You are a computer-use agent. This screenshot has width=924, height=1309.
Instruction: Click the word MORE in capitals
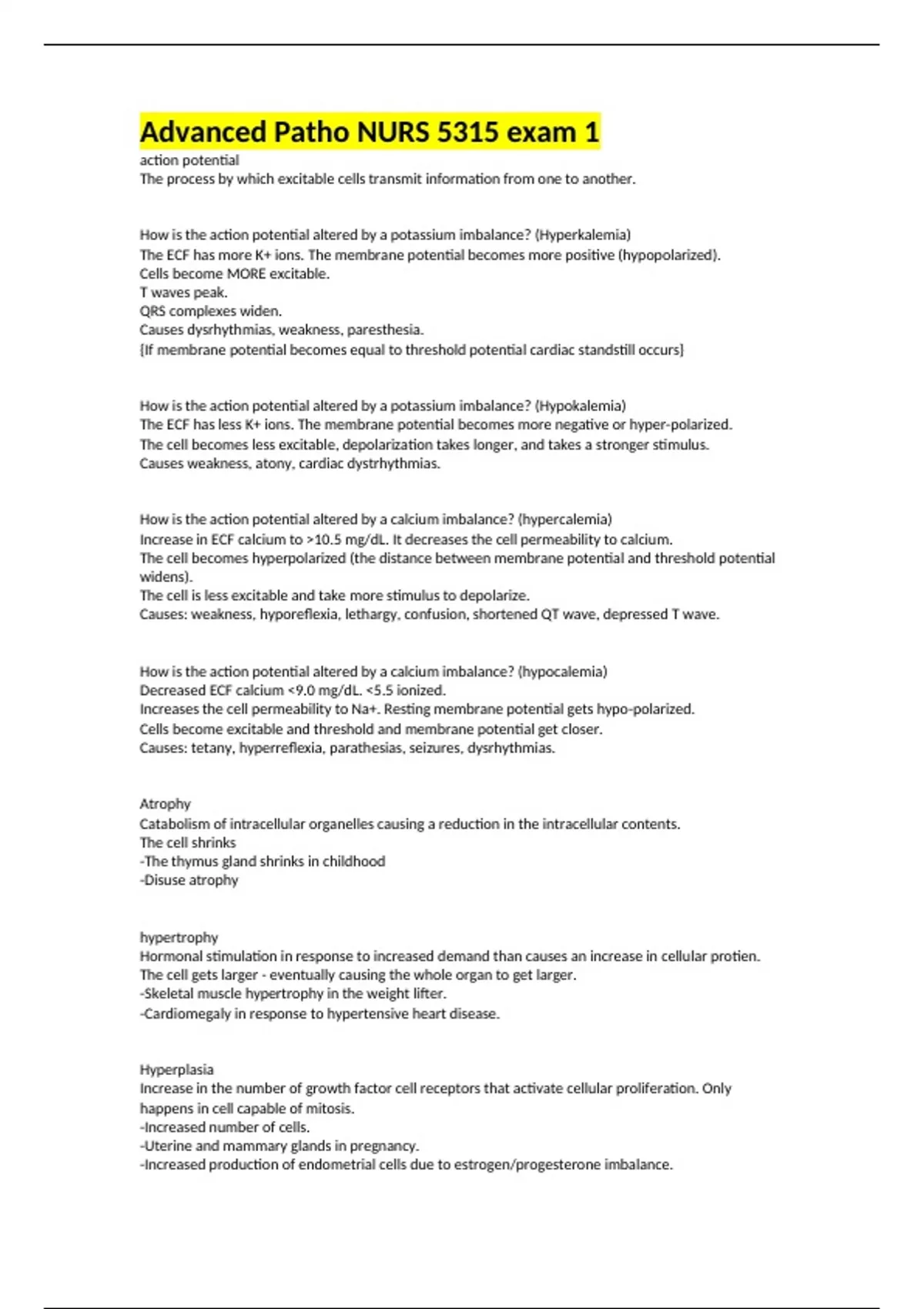coord(246,274)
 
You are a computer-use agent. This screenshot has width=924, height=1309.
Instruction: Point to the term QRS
coord(152,311)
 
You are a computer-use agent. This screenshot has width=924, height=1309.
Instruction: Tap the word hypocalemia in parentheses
coord(563,671)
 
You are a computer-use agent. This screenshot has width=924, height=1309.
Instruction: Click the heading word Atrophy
coord(165,804)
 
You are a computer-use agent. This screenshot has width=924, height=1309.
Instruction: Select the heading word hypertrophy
coord(179,937)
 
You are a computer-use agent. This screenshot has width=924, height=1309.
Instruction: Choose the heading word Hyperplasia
coord(176,1070)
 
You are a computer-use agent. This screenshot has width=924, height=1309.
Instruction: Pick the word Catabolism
coord(175,824)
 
